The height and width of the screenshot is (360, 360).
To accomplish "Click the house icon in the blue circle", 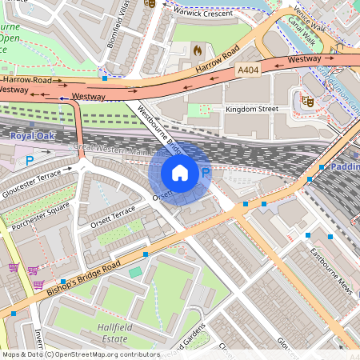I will [x=180, y=172].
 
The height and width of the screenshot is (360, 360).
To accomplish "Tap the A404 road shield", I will [x=249, y=71].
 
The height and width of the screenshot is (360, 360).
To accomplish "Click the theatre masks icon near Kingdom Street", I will [x=305, y=101].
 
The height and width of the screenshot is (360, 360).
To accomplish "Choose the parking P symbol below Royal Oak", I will [x=30, y=160].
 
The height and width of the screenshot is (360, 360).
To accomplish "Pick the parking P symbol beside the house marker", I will [x=205, y=172].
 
